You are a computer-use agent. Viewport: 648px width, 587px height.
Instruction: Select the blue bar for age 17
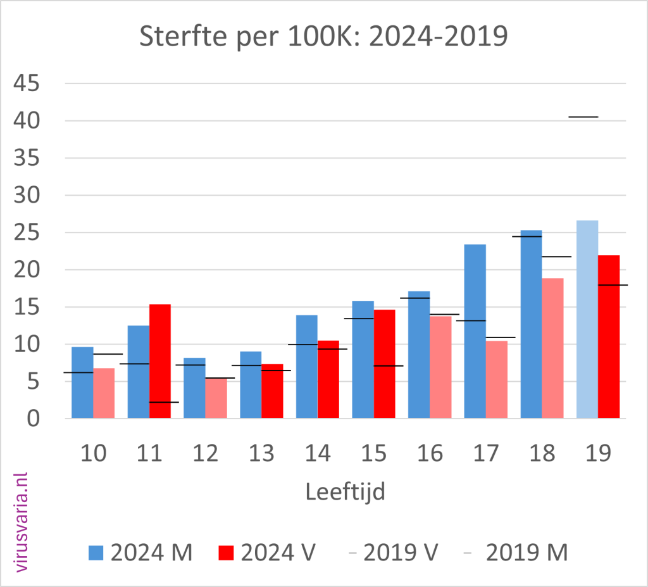(x=475, y=331)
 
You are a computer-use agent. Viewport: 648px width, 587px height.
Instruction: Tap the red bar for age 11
(x=160, y=361)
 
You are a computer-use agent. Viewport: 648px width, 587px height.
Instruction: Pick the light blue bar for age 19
(x=587, y=319)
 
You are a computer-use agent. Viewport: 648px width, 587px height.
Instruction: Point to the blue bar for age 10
(x=82, y=382)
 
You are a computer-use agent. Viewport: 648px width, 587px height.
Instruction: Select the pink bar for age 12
(x=216, y=398)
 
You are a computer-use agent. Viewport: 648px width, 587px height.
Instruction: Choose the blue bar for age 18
(x=531, y=324)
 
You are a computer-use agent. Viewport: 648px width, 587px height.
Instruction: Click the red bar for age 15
(x=384, y=363)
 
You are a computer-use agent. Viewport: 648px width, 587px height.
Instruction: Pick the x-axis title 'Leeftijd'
(x=345, y=491)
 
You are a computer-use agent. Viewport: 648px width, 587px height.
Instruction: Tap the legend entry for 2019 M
(x=516, y=552)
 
